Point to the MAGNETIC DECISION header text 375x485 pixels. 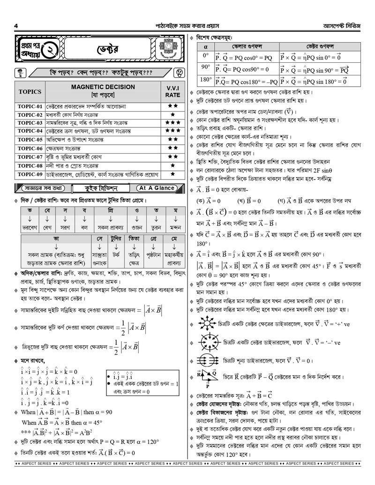click(x=103, y=87)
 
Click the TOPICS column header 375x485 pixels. click(x=30, y=91)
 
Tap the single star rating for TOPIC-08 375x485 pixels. click(x=172, y=165)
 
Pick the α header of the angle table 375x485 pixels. click(x=205, y=47)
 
